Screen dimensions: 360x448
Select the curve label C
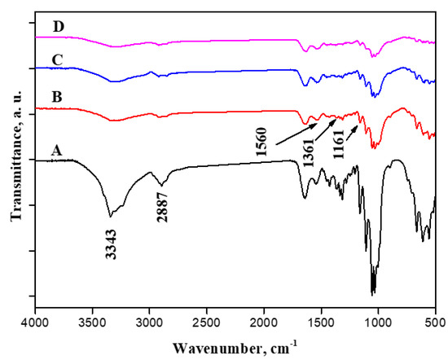point(58,59)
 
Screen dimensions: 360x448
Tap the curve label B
point(57,99)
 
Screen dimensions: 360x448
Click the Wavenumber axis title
point(234,349)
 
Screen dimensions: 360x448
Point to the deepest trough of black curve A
point(373,292)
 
